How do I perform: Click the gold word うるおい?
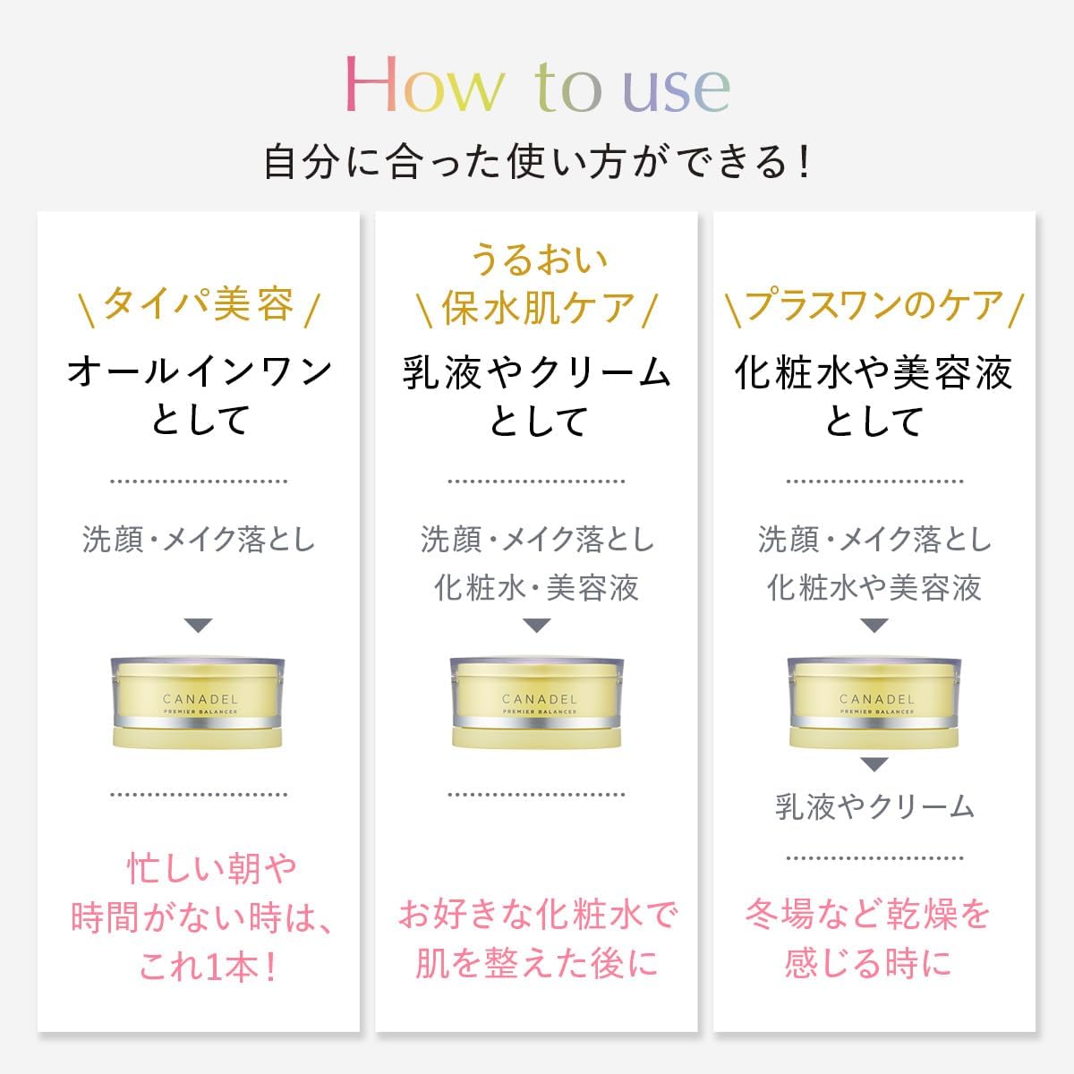coord(537,260)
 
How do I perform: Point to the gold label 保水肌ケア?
coord(537,308)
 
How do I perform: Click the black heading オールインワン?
coord(199,371)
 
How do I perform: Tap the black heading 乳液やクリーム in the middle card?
coord(537,371)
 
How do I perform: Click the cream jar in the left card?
coord(198,703)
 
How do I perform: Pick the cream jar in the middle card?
coord(537,703)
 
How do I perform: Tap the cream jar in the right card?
coord(874,703)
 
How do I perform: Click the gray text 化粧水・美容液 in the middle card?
coord(537,587)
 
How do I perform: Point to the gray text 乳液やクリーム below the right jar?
coord(874,806)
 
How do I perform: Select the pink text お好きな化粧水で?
coord(537,915)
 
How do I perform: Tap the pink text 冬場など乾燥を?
coord(868,915)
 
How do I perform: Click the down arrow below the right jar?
coord(874,764)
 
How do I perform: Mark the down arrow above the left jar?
coord(198,626)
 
